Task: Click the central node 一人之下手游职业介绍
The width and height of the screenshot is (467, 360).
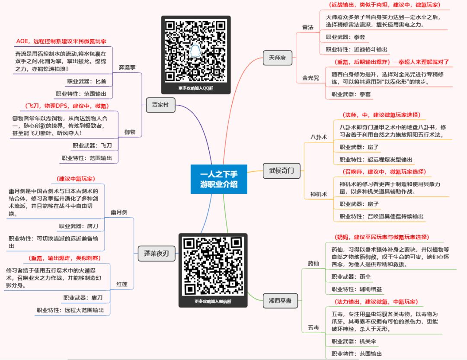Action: click(x=219, y=179)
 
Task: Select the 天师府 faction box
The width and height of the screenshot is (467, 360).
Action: click(x=277, y=58)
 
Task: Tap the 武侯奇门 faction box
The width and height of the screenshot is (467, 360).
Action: click(x=281, y=171)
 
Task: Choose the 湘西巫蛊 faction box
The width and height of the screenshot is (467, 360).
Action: click(x=280, y=301)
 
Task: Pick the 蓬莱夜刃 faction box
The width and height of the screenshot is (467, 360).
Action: click(x=157, y=254)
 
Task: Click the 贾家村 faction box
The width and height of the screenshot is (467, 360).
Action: click(x=160, y=105)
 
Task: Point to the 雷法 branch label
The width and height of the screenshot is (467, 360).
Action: click(x=308, y=27)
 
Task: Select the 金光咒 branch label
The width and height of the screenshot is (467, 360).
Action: click(x=310, y=78)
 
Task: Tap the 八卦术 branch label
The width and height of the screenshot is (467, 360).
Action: click(x=319, y=137)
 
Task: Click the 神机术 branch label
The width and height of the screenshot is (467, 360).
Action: click(x=319, y=194)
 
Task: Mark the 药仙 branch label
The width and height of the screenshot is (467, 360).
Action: click(x=313, y=264)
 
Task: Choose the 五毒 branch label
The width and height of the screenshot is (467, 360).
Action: click(x=313, y=328)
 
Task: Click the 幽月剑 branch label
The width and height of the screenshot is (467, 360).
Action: click(x=119, y=212)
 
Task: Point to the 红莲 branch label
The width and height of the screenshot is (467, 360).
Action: click(x=122, y=284)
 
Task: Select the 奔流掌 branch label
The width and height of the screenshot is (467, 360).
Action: click(x=127, y=67)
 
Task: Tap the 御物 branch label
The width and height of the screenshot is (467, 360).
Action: click(x=130, y=132)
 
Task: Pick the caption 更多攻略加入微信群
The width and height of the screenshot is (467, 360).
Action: click(x=213, y=302)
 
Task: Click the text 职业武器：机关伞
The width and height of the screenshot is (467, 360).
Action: click(x=354, y=341)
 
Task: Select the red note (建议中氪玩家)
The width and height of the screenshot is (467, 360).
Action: click(x=76, y=179)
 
